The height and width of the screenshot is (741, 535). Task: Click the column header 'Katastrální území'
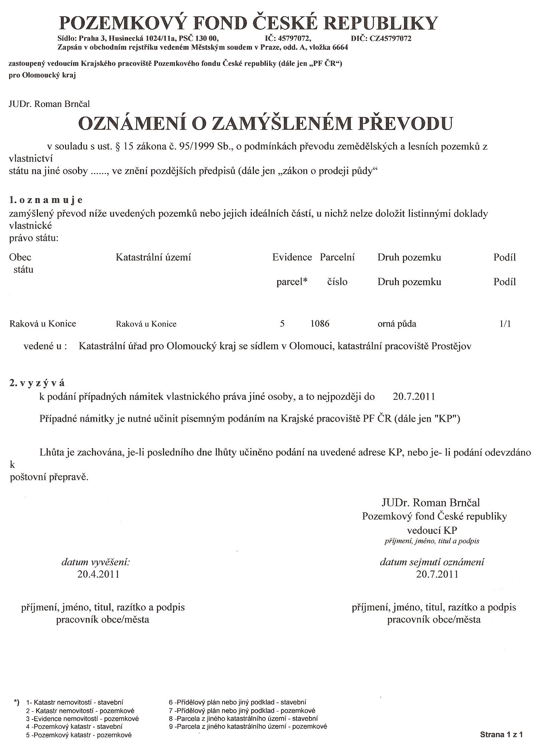click(153, 258)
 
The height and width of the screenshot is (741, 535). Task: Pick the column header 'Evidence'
click(292, 258)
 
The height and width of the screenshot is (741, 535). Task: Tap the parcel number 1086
click(320, 324)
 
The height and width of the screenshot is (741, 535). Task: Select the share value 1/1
click(505, 324)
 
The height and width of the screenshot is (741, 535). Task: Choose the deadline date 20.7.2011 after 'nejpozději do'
click(414, 397)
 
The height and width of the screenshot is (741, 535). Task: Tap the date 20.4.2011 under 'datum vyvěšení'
click(98, 574)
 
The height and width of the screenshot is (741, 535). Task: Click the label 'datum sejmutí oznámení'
click(432, 562)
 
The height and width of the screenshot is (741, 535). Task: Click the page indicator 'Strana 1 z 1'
click(501, 735)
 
